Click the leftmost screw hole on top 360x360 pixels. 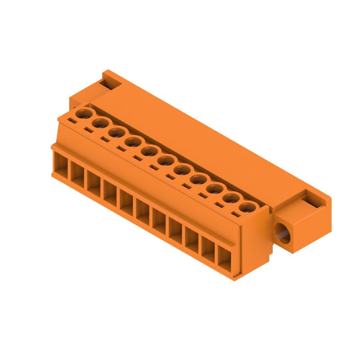pos(83,113)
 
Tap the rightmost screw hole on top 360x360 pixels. pos(245,207)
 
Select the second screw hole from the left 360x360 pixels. pos(99,123)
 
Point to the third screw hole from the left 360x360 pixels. pos(116,132)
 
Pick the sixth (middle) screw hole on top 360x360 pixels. pos(165,160)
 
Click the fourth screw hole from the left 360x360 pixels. pos(132,142)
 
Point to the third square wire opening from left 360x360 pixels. pos(94,184)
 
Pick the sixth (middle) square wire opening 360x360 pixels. pos(143,212)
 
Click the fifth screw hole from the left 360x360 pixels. pos(148,151)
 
